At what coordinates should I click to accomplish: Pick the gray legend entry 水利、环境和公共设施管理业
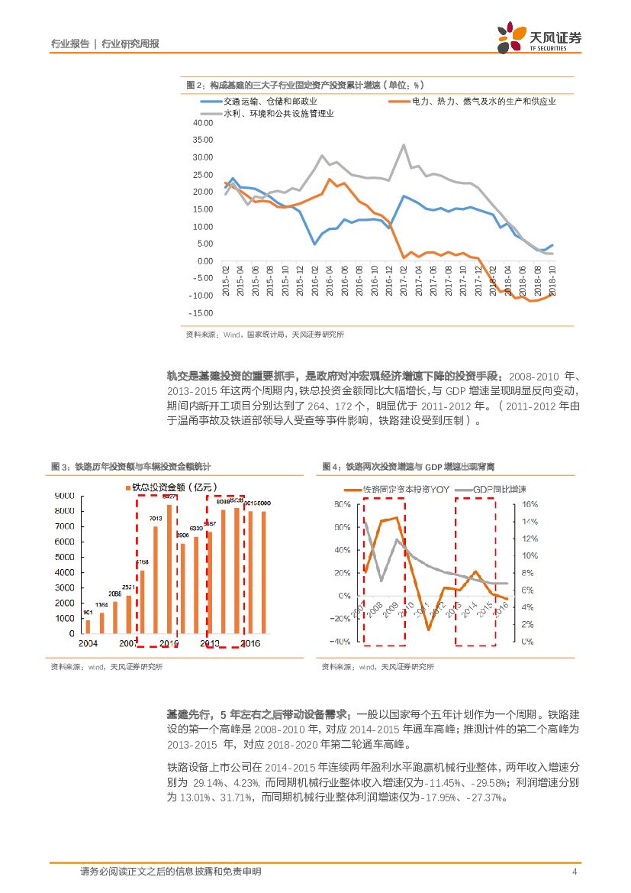coord(278,113)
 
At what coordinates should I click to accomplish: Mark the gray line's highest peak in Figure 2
coord(404,144)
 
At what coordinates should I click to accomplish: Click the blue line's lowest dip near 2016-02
coord(314,244)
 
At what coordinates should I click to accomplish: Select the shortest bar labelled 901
coord(88,626)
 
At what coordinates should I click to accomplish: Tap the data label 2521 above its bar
coord(129,587)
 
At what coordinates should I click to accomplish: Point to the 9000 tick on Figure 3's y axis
coord(65,496)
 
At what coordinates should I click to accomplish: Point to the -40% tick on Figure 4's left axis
coord(340,641)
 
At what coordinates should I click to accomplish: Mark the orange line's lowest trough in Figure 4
coord(429,629)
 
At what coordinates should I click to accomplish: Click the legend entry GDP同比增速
coord(499,489)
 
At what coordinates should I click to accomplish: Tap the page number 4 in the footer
coord(574,872)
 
